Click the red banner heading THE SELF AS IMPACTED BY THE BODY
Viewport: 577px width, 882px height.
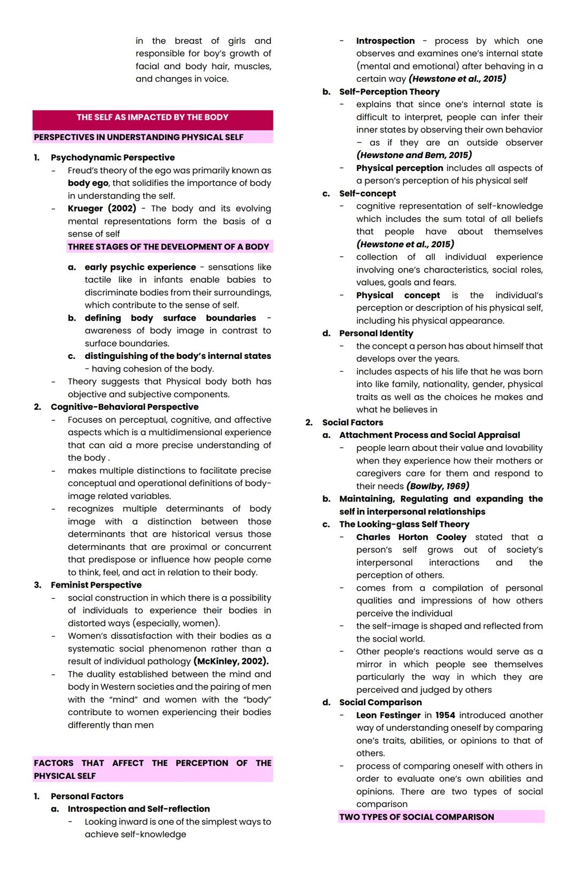[x=152, y=118]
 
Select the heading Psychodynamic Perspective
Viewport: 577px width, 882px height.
[x=113, y=158]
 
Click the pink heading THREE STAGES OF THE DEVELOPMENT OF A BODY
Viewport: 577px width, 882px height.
[x=168, y=247]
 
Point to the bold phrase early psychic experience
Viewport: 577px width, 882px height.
[x=140, y=267]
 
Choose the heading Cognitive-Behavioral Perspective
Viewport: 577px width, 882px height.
[x=124, y=407]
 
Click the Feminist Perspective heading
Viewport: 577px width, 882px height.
[x=96, y=585]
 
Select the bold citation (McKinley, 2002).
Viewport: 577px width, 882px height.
[x=231, y=661]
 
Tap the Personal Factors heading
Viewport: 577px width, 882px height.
[x=87, y=796]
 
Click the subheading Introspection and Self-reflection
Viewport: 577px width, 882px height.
[x=139, y=809]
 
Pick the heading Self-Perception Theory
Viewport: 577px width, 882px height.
[x=389, y=92]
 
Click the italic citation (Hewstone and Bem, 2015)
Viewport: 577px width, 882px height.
[x=414, y=155]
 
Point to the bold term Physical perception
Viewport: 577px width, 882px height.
[x=400, y=168]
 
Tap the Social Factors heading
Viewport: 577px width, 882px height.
[x=353, y=423]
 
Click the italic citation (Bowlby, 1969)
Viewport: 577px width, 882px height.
[x=438, y=486]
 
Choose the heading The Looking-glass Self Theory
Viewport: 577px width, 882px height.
[x=404, y=524]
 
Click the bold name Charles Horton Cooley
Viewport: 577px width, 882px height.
[x=411, y=537]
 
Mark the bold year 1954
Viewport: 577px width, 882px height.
[x=445, y=715]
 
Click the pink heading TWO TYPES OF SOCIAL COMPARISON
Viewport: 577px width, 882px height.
[x=417, y=817]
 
